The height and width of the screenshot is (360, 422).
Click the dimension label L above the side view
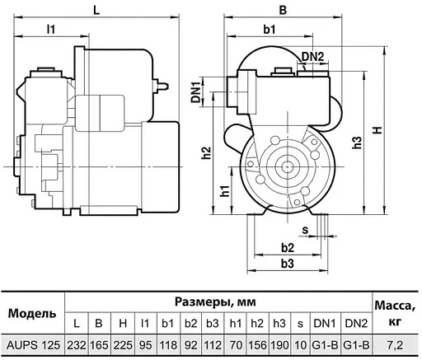click(x=96, y=11)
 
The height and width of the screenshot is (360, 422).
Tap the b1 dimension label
click(x=270, y=30)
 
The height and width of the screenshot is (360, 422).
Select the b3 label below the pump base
click(x=287, y=264)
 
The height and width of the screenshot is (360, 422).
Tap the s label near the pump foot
click(x=305, y=230)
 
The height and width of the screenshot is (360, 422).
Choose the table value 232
click(x=77, y=344)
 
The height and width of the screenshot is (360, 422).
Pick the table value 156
click(x=257, y=344)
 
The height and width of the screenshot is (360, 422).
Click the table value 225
click(x=122, y=344)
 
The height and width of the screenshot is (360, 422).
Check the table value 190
click(x=279, y=344)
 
